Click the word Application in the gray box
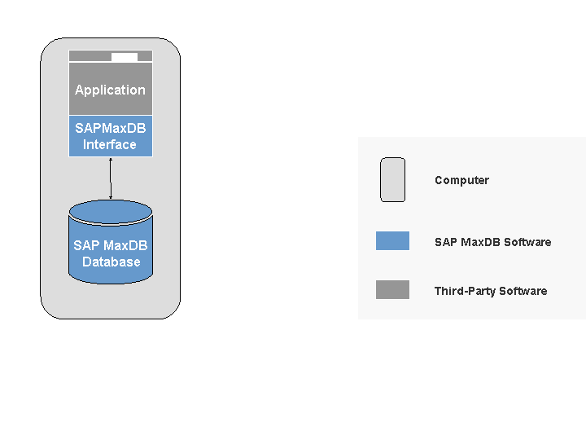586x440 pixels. tap(110, 90)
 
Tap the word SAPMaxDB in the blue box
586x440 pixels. tap(110, 128)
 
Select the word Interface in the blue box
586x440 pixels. tap(110, 145)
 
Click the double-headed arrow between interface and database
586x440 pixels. tap(111, 178)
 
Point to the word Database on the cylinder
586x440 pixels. tap(111, 262)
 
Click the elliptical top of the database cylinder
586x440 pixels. tap(111, 211)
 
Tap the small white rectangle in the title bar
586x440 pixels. tap(125, 57)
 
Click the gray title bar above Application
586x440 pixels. tap(90, 57)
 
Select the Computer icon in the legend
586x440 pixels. tap(392, 180)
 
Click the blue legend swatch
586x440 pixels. tap(392, 241)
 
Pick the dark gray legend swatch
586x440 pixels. tap(392, 290)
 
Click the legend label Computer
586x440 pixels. tap(461, 181)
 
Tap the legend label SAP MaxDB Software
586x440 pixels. tap(492, 242)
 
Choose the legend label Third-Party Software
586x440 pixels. tap(490, 291)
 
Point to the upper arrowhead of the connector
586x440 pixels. tap(111, 160)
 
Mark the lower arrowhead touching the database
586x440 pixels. tap(111, 197)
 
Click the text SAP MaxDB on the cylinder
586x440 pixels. tap(111, 245)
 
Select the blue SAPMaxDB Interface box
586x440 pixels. tap(110, 136)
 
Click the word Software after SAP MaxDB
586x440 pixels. tap(527, 242)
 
